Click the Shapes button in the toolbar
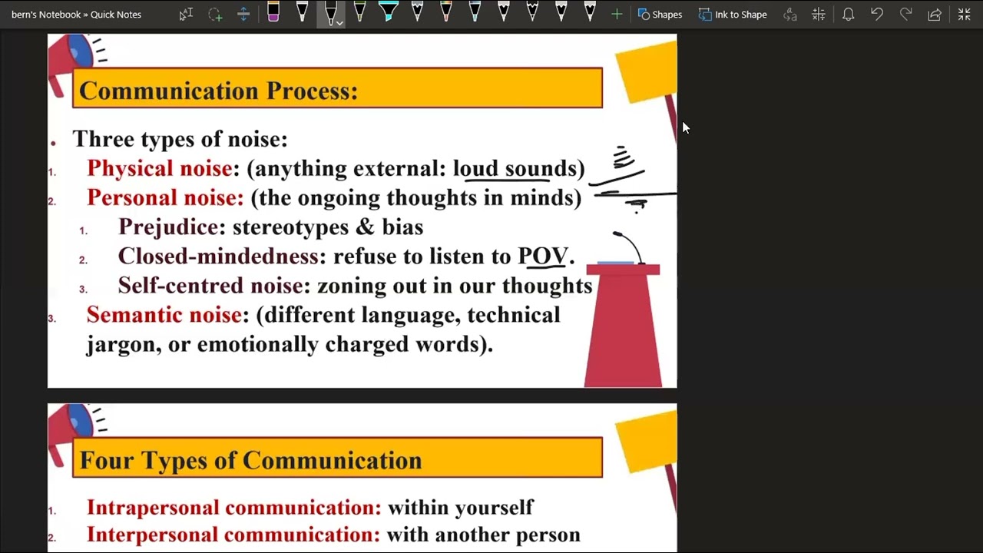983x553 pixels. tap(660, 15)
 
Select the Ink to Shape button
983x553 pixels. tap(733, 15)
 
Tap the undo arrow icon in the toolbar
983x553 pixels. tap(877, 15)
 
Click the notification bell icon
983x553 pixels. tap(848, 15)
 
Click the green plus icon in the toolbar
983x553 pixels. tap(616, 15)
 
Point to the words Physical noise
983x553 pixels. tap(159, 168)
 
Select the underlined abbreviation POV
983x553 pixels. tap(543, 257)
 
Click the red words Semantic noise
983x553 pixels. tap(164, 315)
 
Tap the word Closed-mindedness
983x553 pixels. tap(219, 257)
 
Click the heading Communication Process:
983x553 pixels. tap(218, 91)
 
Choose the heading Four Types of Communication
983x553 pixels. tap(250, 460)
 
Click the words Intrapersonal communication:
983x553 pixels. tap(233, 508)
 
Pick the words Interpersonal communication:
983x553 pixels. tap(233, 535)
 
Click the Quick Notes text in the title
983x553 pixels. tap(116, 15)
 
